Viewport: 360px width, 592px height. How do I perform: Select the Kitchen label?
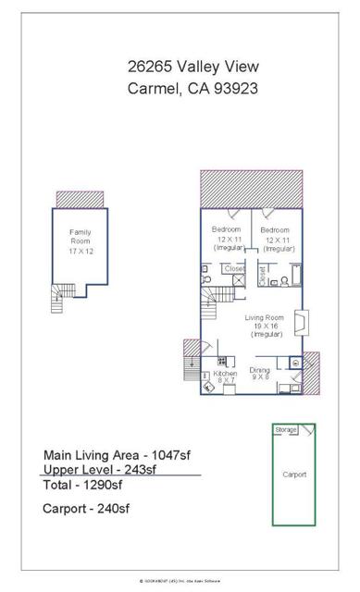[x=226, y=376]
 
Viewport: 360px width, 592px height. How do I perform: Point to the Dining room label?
[x=262, y=374]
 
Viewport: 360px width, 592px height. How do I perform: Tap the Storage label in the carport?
[x=285, y=429]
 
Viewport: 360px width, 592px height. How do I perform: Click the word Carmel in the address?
[x=152, y=89]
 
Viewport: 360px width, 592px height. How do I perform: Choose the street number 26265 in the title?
[x=153, y=66]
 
